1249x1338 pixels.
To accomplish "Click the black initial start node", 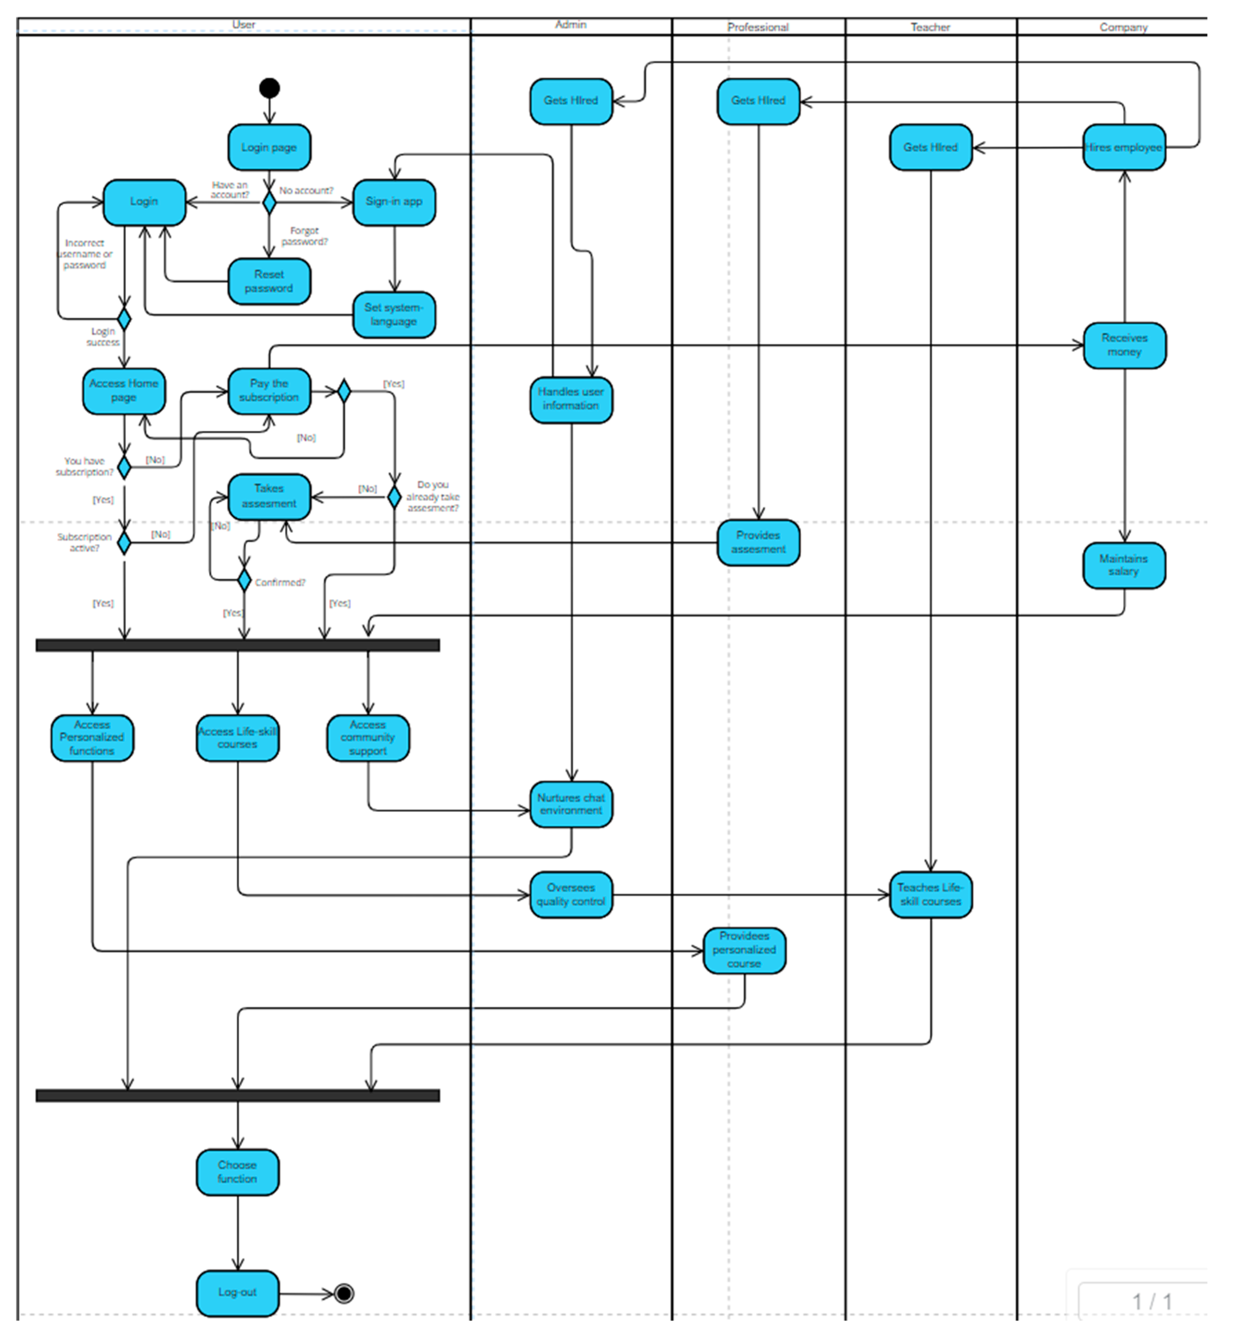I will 269,88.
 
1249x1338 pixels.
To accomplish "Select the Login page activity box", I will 269,148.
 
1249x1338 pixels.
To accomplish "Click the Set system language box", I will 394,314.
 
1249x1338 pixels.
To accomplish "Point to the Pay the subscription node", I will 269,391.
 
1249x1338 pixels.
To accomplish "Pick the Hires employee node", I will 1124,148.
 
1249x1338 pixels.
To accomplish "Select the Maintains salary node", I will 1124,565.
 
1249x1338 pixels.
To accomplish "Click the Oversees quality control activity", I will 571,895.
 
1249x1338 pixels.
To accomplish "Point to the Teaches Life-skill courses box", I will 931,895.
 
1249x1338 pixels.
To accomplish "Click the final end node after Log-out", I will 344,1293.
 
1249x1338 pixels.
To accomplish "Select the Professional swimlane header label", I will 758,27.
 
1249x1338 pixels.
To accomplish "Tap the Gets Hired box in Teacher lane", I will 931,148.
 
